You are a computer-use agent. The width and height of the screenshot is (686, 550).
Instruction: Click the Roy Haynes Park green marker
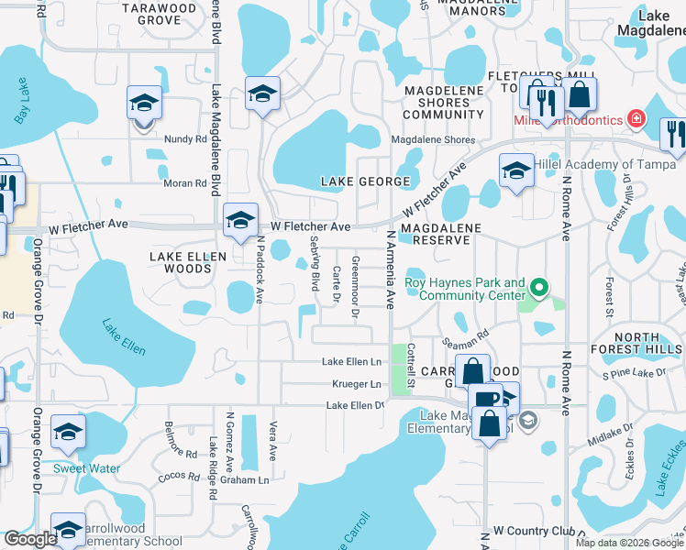coord(540,290)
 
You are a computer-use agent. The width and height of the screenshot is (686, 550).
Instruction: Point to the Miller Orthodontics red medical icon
coord(635,120)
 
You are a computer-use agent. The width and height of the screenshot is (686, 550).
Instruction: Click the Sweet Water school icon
coord(68,433)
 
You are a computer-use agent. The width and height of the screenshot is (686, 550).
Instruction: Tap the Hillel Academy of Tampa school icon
coord(516,170)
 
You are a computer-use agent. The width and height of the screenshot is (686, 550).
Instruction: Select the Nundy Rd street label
coord(186,139)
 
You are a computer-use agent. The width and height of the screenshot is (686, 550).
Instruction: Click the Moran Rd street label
coord(186,183)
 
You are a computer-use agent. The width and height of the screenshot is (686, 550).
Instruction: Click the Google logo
coord(30,539)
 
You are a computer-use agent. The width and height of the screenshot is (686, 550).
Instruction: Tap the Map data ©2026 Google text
coord(628,543)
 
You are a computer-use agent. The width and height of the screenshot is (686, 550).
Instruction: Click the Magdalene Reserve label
coord(436,233)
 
